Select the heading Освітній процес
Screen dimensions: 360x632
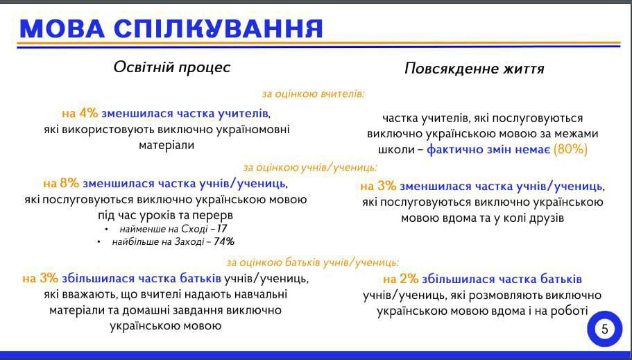click(x=172, y=67)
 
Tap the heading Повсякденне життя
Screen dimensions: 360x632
click(x=475, y=69)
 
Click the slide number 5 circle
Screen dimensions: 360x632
click(x=604, y=329)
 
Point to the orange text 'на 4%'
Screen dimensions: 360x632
click(x=80, y=113)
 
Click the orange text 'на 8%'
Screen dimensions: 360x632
click(x=61, y=184)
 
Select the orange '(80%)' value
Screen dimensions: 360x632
click(x=570, y=149)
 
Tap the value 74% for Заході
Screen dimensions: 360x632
click(x=224, y=241)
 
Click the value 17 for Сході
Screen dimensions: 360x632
click(x=222, y=228)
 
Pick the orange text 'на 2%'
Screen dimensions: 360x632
click(x=401, y=279)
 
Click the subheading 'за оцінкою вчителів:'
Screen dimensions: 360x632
click(x=313, y=93)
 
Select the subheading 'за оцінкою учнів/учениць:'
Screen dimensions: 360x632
click(x=310, y=167)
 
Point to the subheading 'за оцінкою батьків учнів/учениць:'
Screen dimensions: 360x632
click(x=313, y=262)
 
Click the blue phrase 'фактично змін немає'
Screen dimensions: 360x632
click(x=488, y=149)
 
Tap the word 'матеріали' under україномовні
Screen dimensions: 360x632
click(x=165, y=146)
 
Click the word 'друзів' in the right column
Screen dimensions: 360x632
click(x=544, y=218)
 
